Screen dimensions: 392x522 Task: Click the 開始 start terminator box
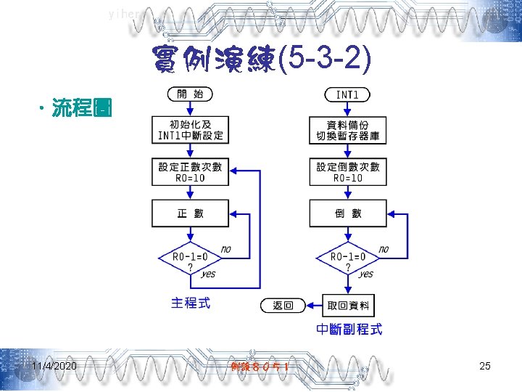pos(191,94)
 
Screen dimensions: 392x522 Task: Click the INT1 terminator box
pos(348,94)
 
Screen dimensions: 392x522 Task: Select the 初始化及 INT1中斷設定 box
pos(191,130)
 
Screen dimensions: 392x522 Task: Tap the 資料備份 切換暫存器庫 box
pos(348,130)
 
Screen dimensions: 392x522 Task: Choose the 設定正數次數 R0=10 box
pos(191,172)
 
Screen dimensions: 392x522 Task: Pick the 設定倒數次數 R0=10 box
pos(348,172)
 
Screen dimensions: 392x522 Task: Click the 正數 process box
pos(191,213)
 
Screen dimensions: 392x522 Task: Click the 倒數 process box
pos(348,213)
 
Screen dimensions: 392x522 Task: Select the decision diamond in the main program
pos(190,258)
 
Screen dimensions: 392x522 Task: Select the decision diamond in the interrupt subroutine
pos(348,258)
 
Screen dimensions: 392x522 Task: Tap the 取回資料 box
pos(348,306)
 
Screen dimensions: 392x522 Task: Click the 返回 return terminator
pos(283,306)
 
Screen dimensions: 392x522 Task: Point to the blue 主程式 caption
pos(191,303)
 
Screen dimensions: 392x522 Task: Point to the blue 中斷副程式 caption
pos(349,330)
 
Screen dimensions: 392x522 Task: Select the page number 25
pos(485,366)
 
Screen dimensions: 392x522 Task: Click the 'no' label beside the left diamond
pos(225,249)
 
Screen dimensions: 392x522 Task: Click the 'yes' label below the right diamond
pos(365,274)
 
